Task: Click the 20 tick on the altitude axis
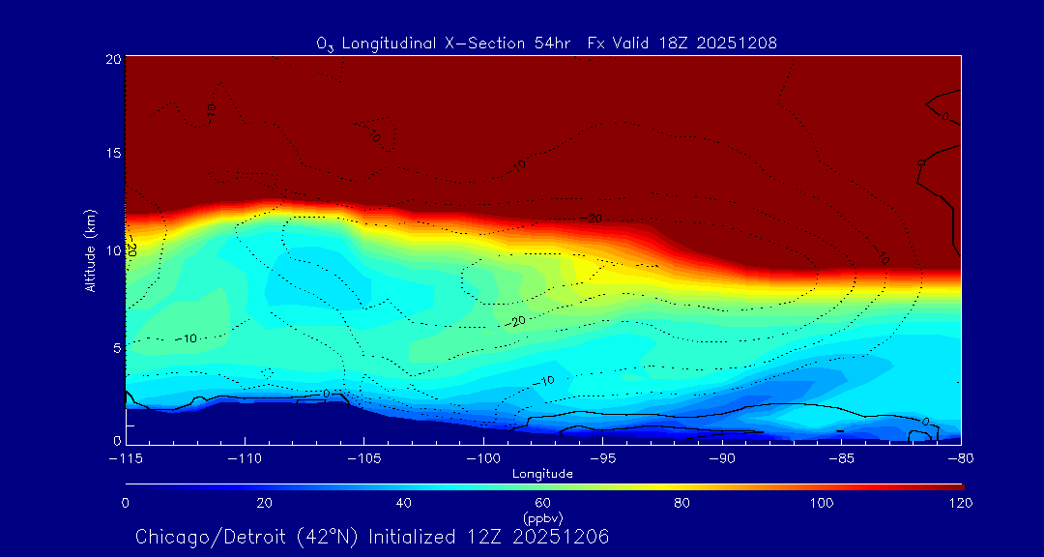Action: (112, 59)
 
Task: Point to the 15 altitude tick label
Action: (112, 155)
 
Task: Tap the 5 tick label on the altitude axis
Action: (115, 346)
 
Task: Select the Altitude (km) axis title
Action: (90, 250)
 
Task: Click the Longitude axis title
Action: (542, 474)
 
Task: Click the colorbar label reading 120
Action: (960, 503)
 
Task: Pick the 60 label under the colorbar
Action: (542, 503)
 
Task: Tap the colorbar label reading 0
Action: (126, 503)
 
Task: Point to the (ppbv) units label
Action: (542, 518)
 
